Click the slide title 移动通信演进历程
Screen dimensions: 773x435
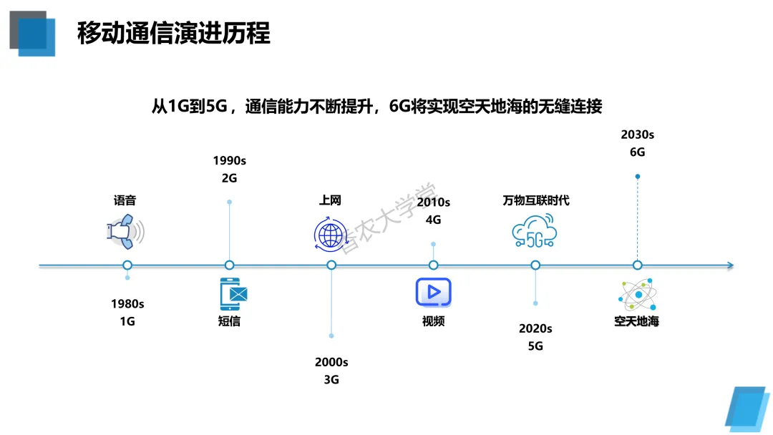(x=174, y=33)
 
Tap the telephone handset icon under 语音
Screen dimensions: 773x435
(x=126, y=230)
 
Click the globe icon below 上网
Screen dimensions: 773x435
(x=331, y=233)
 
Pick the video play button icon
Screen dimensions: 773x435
(x=433, y=293)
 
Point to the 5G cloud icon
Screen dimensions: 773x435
(x=535, y=232)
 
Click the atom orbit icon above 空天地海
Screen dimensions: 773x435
(x=636, y=294)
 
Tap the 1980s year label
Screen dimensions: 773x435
(x=127, y=303)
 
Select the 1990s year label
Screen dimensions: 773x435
(x=229, y=160)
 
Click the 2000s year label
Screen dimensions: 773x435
(x=331, y=362)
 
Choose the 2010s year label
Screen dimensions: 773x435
(x=433, y=202)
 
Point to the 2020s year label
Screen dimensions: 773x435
(x=535, y=328)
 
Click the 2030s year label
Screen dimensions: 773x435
(x=637, y=134)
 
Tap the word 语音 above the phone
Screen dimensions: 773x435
(x=125, y=200)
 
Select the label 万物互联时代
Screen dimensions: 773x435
(x=535, y=200)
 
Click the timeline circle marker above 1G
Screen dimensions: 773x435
(x=127, y=265)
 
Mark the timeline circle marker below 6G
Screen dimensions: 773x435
(x=637, y=265)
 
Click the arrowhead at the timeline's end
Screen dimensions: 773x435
(x=729, y=265)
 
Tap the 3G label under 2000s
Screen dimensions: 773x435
(x=331, y=380)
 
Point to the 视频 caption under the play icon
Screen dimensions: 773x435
(x=433, y=321)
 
